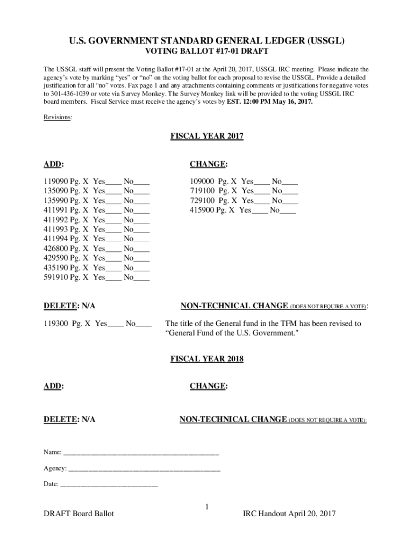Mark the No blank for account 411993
click(142, 230)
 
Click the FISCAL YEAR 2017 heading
click(207, 136)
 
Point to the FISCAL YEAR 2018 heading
click(207, 359)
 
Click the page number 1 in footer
click(207, 506)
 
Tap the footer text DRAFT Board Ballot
click(79, 514)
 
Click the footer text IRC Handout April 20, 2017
click(289, 514)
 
